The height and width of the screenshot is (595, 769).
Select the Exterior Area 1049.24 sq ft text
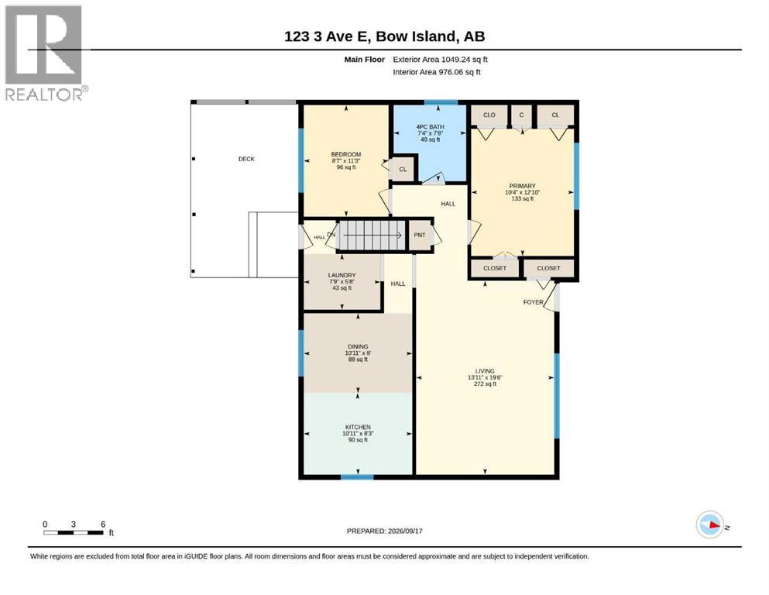(x=440, y=60)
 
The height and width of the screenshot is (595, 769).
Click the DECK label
(x=246, y=159)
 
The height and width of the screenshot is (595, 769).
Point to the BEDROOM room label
(x=345, y=154)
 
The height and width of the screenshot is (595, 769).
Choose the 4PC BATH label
(x=430, y=127)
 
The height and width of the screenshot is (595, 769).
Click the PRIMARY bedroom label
(x=522, y=186)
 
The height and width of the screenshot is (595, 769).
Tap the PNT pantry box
(x=420, y=236)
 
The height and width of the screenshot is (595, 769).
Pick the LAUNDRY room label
(x=342, y=275)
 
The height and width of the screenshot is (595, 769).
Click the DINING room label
(x=358, y=346)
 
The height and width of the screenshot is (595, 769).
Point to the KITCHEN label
(x=358, y=427)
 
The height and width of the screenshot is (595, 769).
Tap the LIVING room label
(x=485, y=371)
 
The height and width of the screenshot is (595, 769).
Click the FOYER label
(x=533, y=302)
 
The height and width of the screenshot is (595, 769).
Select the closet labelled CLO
(x=489, y=115)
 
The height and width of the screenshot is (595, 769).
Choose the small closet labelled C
(x=521, y=115)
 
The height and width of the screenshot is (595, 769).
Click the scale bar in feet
(x=74, y=532)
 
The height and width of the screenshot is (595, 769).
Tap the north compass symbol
(x=709, y=524)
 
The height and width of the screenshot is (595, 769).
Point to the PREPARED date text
(x=384, y=531)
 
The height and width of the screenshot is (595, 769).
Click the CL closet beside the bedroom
(x=403, y=169)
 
